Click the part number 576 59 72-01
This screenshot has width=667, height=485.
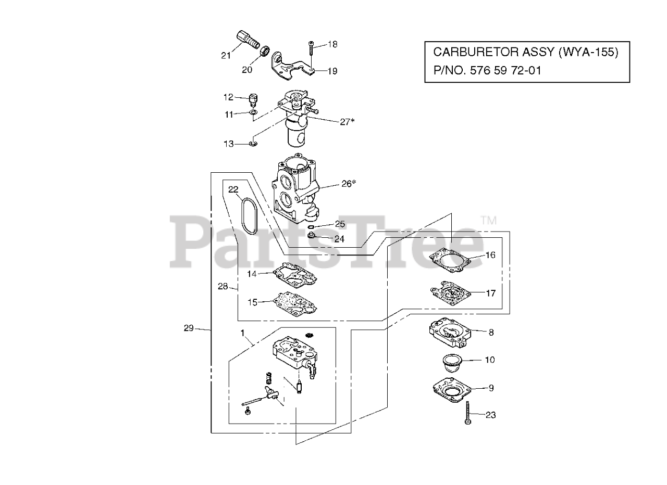tap(505, 70)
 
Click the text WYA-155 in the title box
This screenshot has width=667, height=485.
tap(586, 52)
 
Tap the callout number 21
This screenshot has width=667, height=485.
tap(226, 56)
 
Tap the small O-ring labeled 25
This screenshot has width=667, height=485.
tap(311, 227)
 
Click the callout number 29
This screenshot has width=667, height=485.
tap(188, 328)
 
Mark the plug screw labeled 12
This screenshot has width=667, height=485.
tap(254, 98)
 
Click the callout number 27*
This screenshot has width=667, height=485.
tap(347, 121)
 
